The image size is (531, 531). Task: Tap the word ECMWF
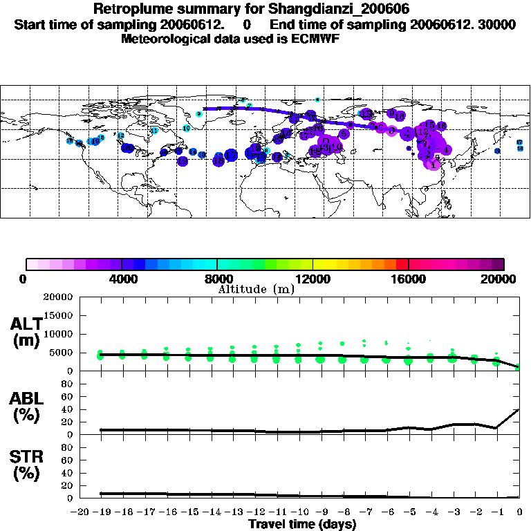coord(316,39)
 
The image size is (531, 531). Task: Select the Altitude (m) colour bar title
coord(256,289)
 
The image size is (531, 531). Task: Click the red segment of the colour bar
coord(402,263)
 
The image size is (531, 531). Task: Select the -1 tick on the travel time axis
coord(497,512)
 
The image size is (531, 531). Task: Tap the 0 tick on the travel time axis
coord(520,512)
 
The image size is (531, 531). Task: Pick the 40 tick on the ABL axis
coord(68,409)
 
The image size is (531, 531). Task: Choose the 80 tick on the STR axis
coord(68,447)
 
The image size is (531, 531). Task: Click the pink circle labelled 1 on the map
coord(433,165)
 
